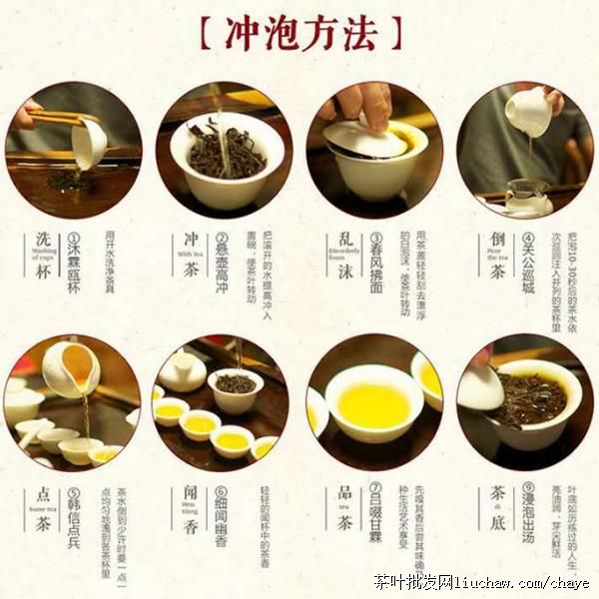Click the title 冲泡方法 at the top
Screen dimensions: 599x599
click(299, 34)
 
